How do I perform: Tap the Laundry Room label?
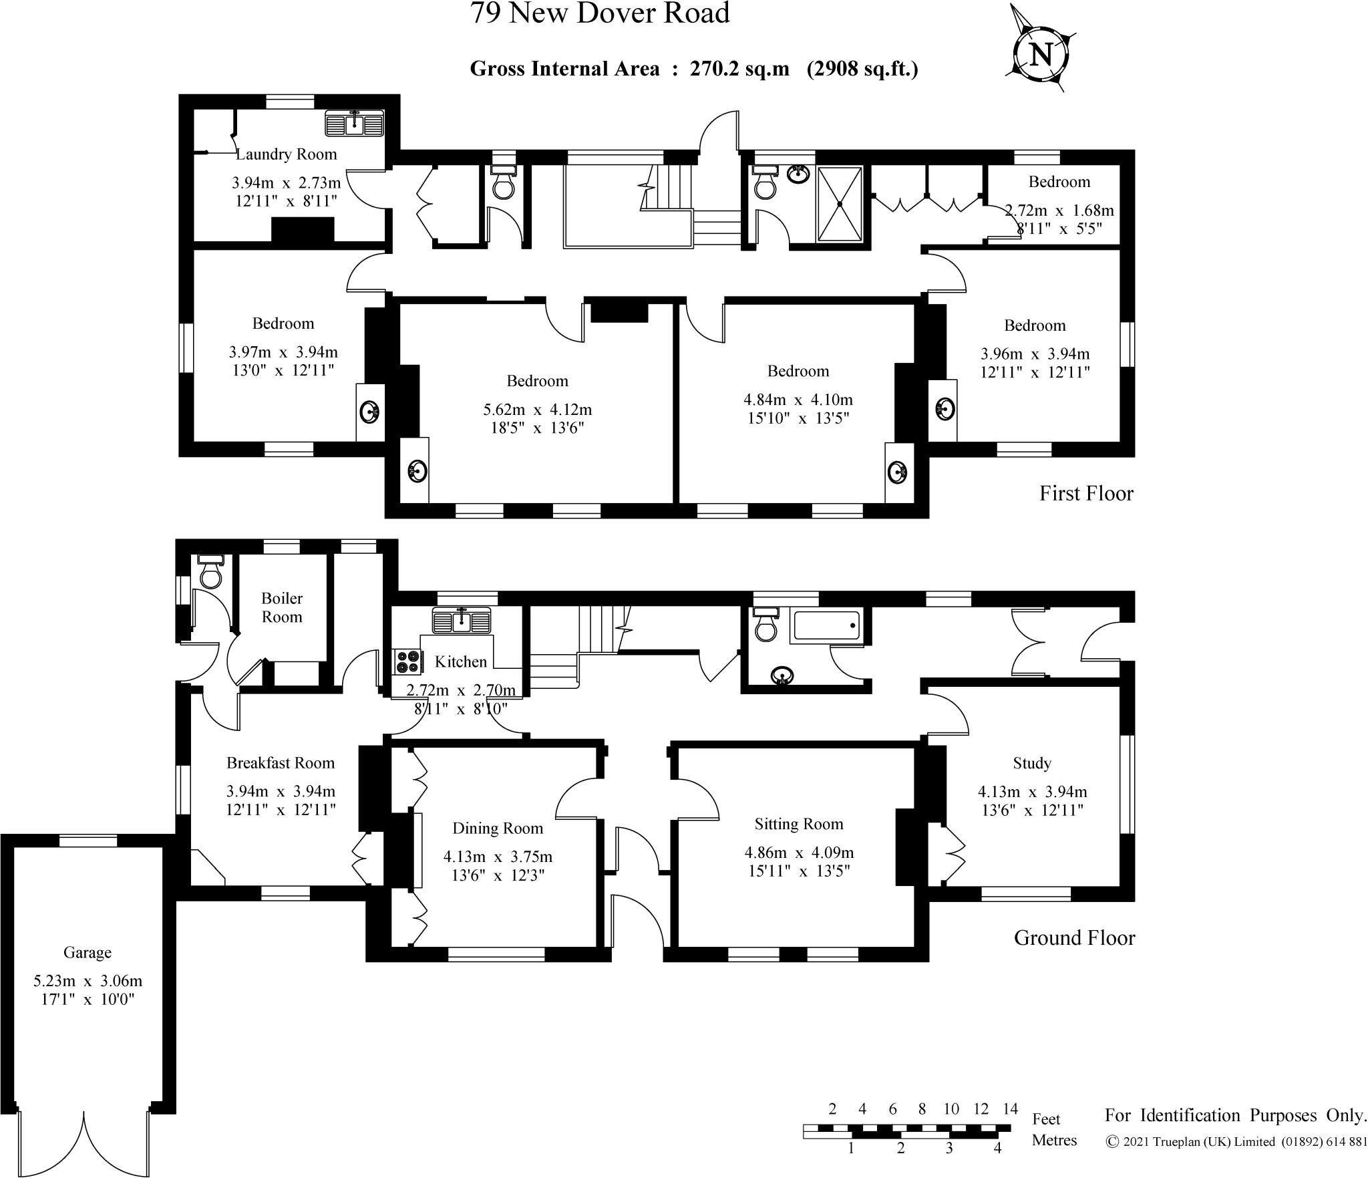(x=287, y=154)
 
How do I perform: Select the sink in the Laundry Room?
(x=355, y=123)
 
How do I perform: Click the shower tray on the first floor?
(x=840, y=204)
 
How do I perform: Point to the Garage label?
(x=88, y=952)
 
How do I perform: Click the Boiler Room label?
(x=282, y=607)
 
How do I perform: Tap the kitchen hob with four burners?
(x=407, y=661)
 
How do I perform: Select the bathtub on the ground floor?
(x=826, y=625)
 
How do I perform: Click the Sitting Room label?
(x=799, y=824)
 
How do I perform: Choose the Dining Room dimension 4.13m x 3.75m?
(x=498, y=857)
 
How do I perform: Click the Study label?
(x=1032, y=763)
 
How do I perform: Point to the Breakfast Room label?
(x=281, y=763)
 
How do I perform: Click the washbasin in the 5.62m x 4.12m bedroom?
(x=416, y=471)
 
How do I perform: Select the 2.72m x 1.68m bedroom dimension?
(x=1059, y=210)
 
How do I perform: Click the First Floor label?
(x=1086, y=494)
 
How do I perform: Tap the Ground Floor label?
(x=1074, y=938)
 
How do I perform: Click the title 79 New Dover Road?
(x=600, y=13)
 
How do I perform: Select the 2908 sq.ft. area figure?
(x=862, y=69)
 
